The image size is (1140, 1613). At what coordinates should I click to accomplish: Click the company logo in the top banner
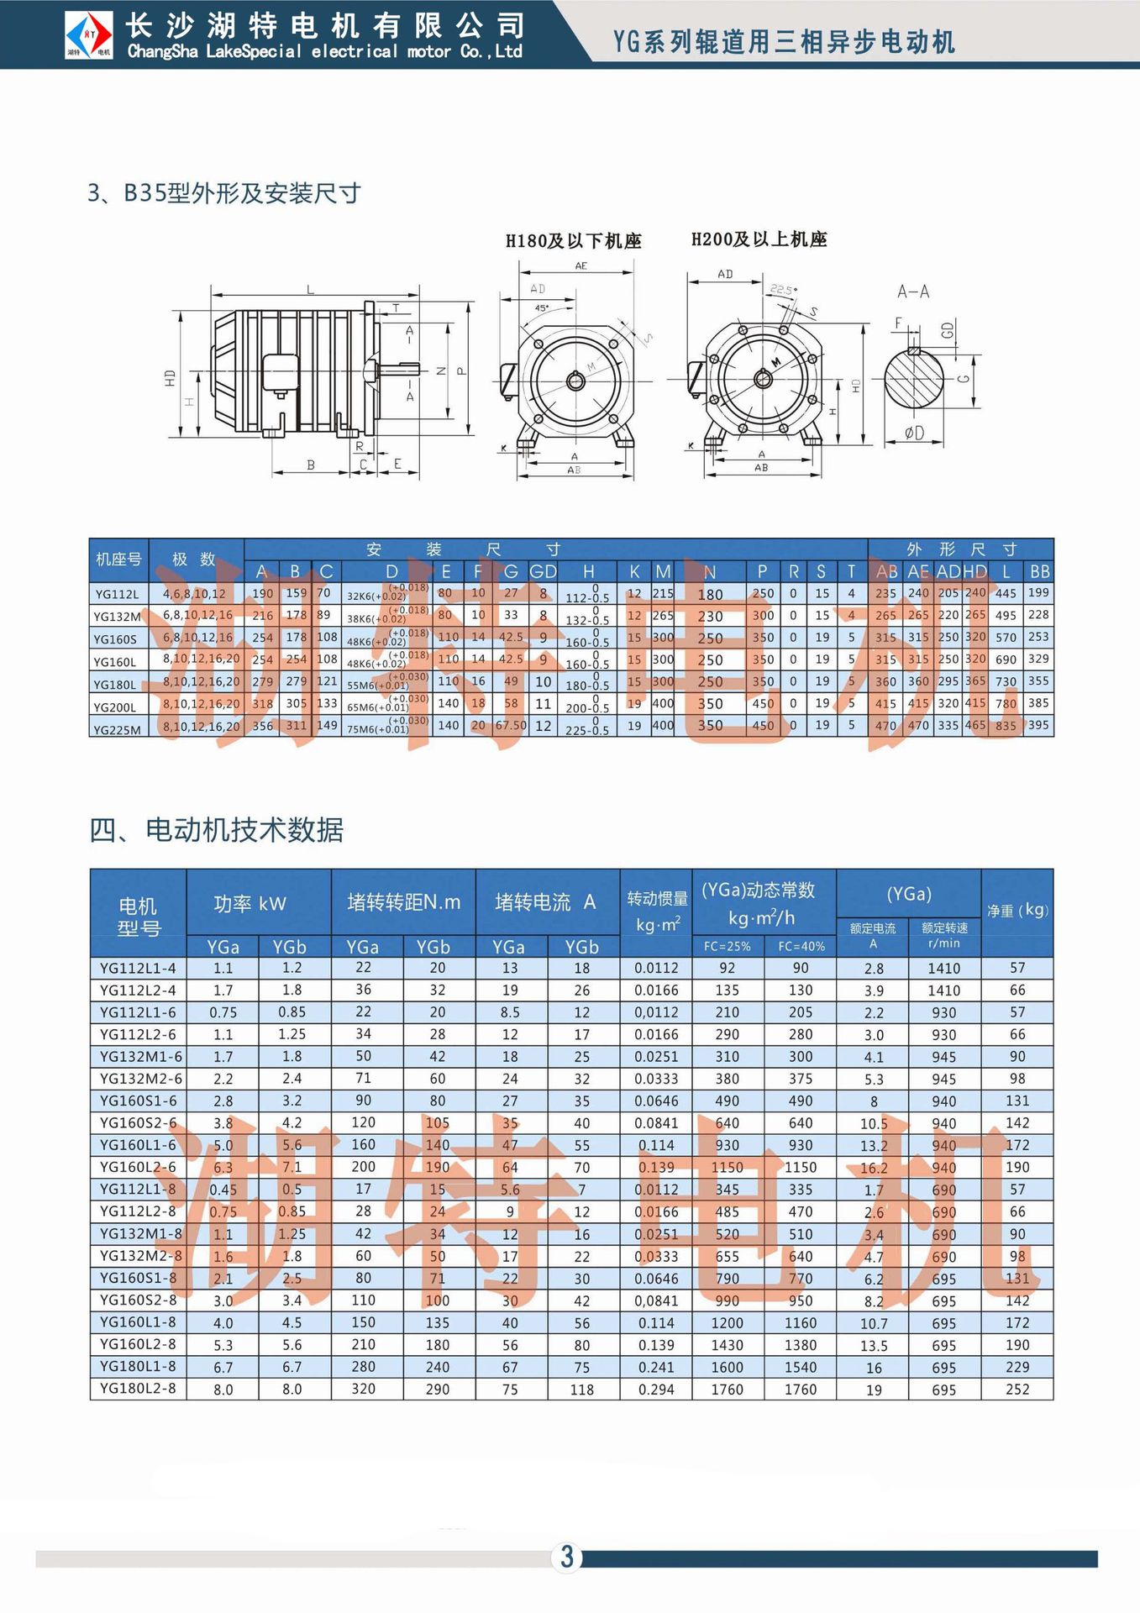(x=90, y=34)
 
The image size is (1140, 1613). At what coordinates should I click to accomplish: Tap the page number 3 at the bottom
(x=567, y=1556)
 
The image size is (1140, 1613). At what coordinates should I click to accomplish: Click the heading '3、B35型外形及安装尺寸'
(x=224, y=193)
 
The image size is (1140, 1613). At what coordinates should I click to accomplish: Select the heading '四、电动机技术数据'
(x=217, y=830)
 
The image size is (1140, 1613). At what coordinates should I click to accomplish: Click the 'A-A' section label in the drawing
(x=912, y=292)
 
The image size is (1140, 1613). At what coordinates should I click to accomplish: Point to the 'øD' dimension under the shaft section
(x=914, y=433)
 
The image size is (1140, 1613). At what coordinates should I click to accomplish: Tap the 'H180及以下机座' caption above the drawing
(x=574, y=241)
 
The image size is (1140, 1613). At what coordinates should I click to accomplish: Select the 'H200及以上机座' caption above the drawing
(x=759, y=239)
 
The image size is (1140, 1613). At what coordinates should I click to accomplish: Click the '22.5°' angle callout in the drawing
(x=782, y=290)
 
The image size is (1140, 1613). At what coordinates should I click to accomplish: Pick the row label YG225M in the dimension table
(x=118, y=729)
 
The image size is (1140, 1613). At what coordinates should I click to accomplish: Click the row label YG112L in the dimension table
(x=117, y=594)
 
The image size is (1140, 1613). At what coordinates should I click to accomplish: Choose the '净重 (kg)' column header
(x=1017, y=910)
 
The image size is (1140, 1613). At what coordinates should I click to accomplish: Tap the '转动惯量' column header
(x=657, y=899)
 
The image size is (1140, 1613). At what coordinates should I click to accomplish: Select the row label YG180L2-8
(x=138, y=1388)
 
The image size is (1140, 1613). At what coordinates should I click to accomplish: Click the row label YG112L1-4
(x=138, y=968)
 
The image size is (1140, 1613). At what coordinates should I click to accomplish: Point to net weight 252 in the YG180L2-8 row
(x=1017, y=1389)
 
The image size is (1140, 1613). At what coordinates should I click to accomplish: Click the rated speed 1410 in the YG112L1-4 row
(x=943, y=969)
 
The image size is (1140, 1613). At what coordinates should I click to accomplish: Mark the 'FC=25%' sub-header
(x=728, y=946)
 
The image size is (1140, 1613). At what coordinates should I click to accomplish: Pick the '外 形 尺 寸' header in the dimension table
(x=961, y=549)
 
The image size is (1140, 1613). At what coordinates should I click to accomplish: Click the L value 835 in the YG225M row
(x=1006, y=726)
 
